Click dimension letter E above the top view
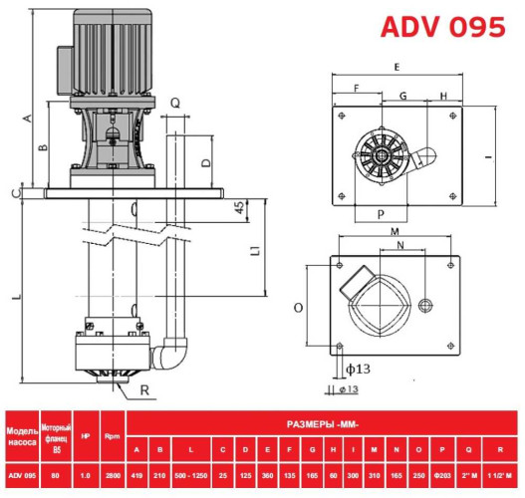[397, 66]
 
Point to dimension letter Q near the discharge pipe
[174, 103]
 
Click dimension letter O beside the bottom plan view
[298, 309]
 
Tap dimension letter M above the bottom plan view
[394, 231]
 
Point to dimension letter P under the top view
[381, 214]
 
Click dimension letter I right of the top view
[488, 157]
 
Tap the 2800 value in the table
[113, 473]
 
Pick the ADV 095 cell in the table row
[22, 473]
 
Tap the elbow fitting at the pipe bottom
[173, 354]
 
